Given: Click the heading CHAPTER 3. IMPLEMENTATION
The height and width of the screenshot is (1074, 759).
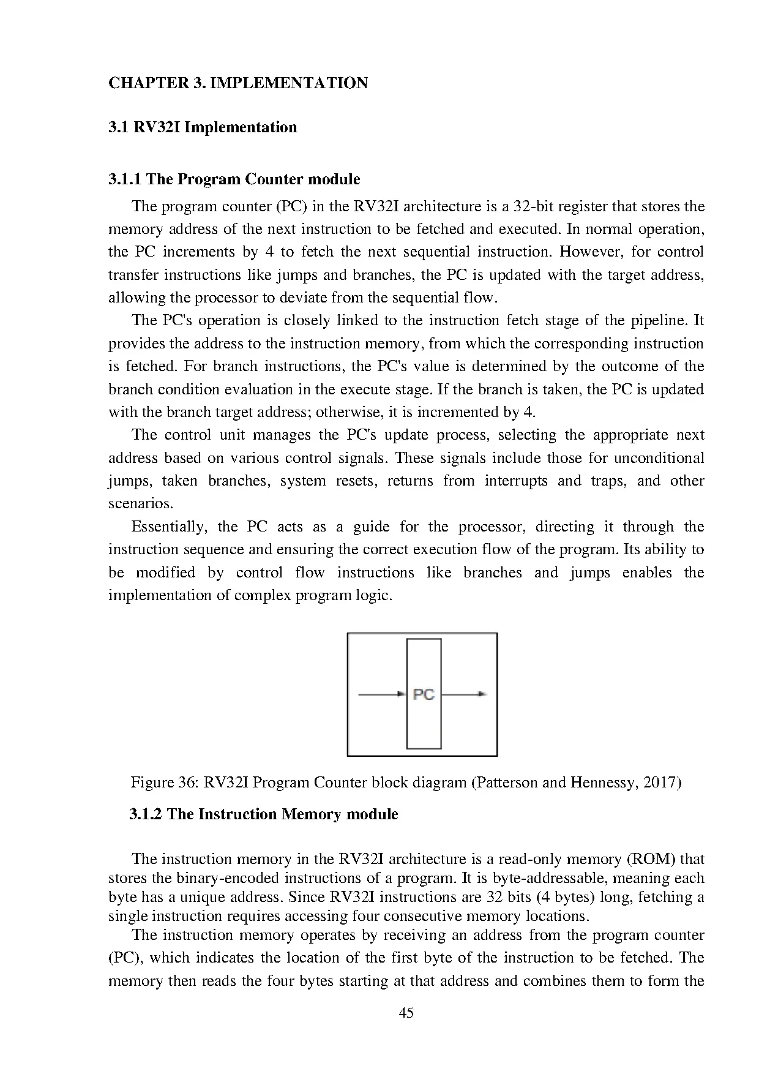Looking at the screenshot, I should tap(237, 83).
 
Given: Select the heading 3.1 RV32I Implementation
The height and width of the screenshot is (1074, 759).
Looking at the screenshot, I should tap(203, 127).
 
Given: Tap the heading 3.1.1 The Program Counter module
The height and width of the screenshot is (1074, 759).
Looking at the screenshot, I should tap(234, 179).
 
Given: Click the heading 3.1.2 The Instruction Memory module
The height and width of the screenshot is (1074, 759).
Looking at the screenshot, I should tap(263, 814).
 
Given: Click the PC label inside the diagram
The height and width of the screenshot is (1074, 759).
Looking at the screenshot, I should tap(424, 694).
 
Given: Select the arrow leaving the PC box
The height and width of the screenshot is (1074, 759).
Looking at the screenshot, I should tap(464, 694).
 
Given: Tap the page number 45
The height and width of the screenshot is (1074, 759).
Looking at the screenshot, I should tap(406, 1013).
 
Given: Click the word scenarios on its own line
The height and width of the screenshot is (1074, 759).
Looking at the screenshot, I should tap(140, 504).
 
